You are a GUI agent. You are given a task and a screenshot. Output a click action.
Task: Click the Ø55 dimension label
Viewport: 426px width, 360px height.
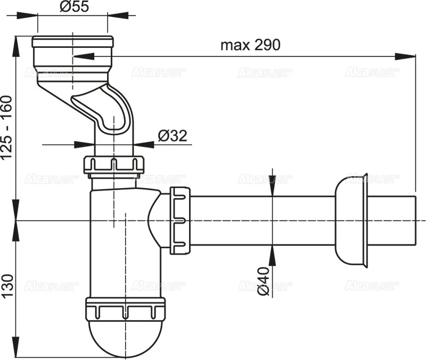(72, 7)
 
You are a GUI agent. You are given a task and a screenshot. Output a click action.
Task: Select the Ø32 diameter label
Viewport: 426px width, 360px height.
(173, 136)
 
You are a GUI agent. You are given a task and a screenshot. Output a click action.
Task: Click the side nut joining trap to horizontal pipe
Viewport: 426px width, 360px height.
(179, 219)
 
